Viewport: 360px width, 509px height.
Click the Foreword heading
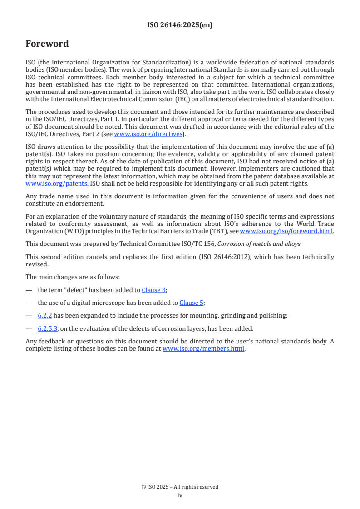click(47, 44)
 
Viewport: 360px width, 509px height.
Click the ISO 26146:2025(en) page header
click(180, 25)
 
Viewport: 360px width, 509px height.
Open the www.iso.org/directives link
click(148, 134)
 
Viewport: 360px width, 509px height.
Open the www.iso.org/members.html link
click(203, 349)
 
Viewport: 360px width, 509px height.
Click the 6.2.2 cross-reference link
click(45, 315)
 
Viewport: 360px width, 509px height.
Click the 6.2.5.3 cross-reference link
click(48, 328)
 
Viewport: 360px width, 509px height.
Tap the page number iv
click(180, 495)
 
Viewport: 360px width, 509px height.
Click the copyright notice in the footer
click(180, 487)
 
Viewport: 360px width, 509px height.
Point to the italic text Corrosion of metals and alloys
click(259, 244)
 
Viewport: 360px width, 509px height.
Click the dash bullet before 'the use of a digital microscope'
click(29, 303)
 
